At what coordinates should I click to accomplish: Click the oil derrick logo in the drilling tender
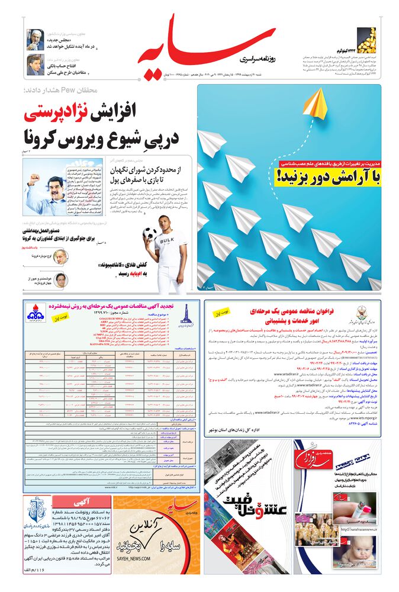(186, 313)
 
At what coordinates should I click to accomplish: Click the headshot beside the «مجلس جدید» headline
(35, 40)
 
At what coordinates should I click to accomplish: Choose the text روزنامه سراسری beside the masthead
(260, 59)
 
